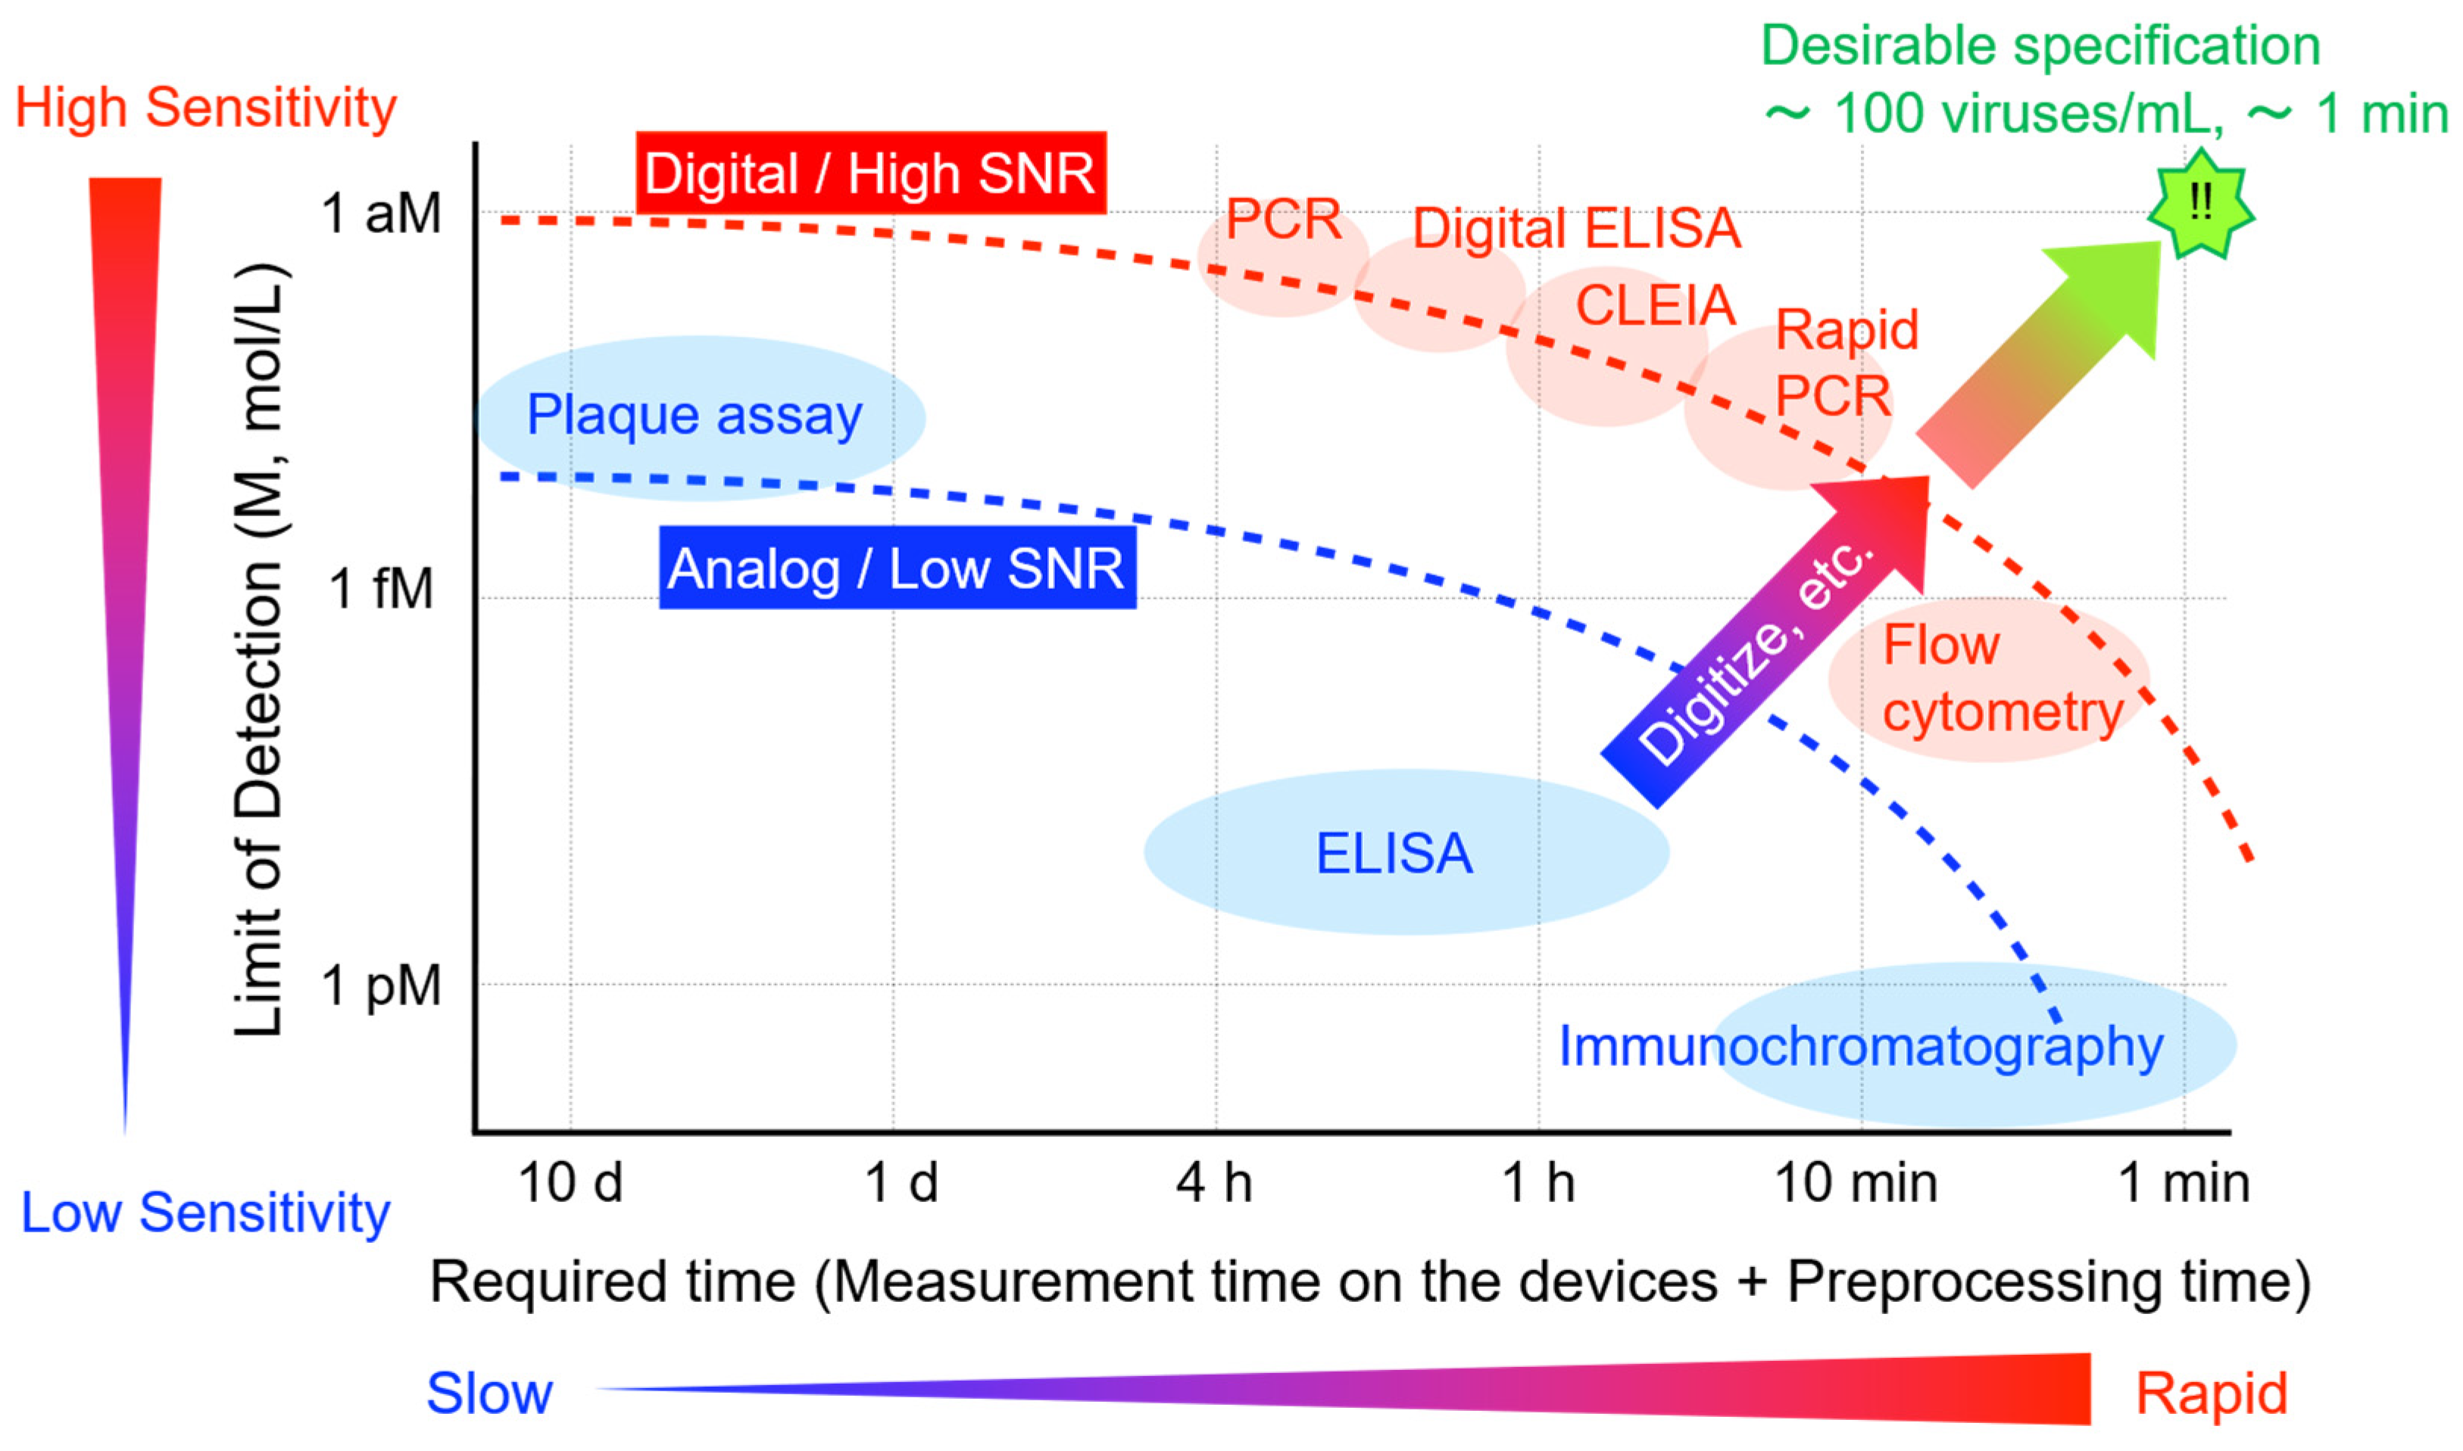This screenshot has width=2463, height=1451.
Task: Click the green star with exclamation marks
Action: click(2200, 204)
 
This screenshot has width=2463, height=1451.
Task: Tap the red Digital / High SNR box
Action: click(870, 173)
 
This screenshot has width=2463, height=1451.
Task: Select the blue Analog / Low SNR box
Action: click(897, 568)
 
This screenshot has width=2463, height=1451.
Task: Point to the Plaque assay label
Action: click(695, 415)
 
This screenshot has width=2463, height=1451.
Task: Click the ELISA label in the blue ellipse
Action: click(1394, 854)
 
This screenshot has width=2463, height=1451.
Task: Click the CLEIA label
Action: click(1655, 306)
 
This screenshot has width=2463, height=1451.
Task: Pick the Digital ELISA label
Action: click(1577, 229)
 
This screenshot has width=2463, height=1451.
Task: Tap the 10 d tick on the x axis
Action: click(570, 1184)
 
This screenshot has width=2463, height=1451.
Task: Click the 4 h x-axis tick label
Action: click(1214, 1184)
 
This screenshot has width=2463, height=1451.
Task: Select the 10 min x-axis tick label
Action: click(1856, 1184)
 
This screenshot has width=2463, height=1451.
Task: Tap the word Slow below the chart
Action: click(489, 1393)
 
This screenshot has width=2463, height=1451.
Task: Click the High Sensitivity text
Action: click(205, 107)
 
